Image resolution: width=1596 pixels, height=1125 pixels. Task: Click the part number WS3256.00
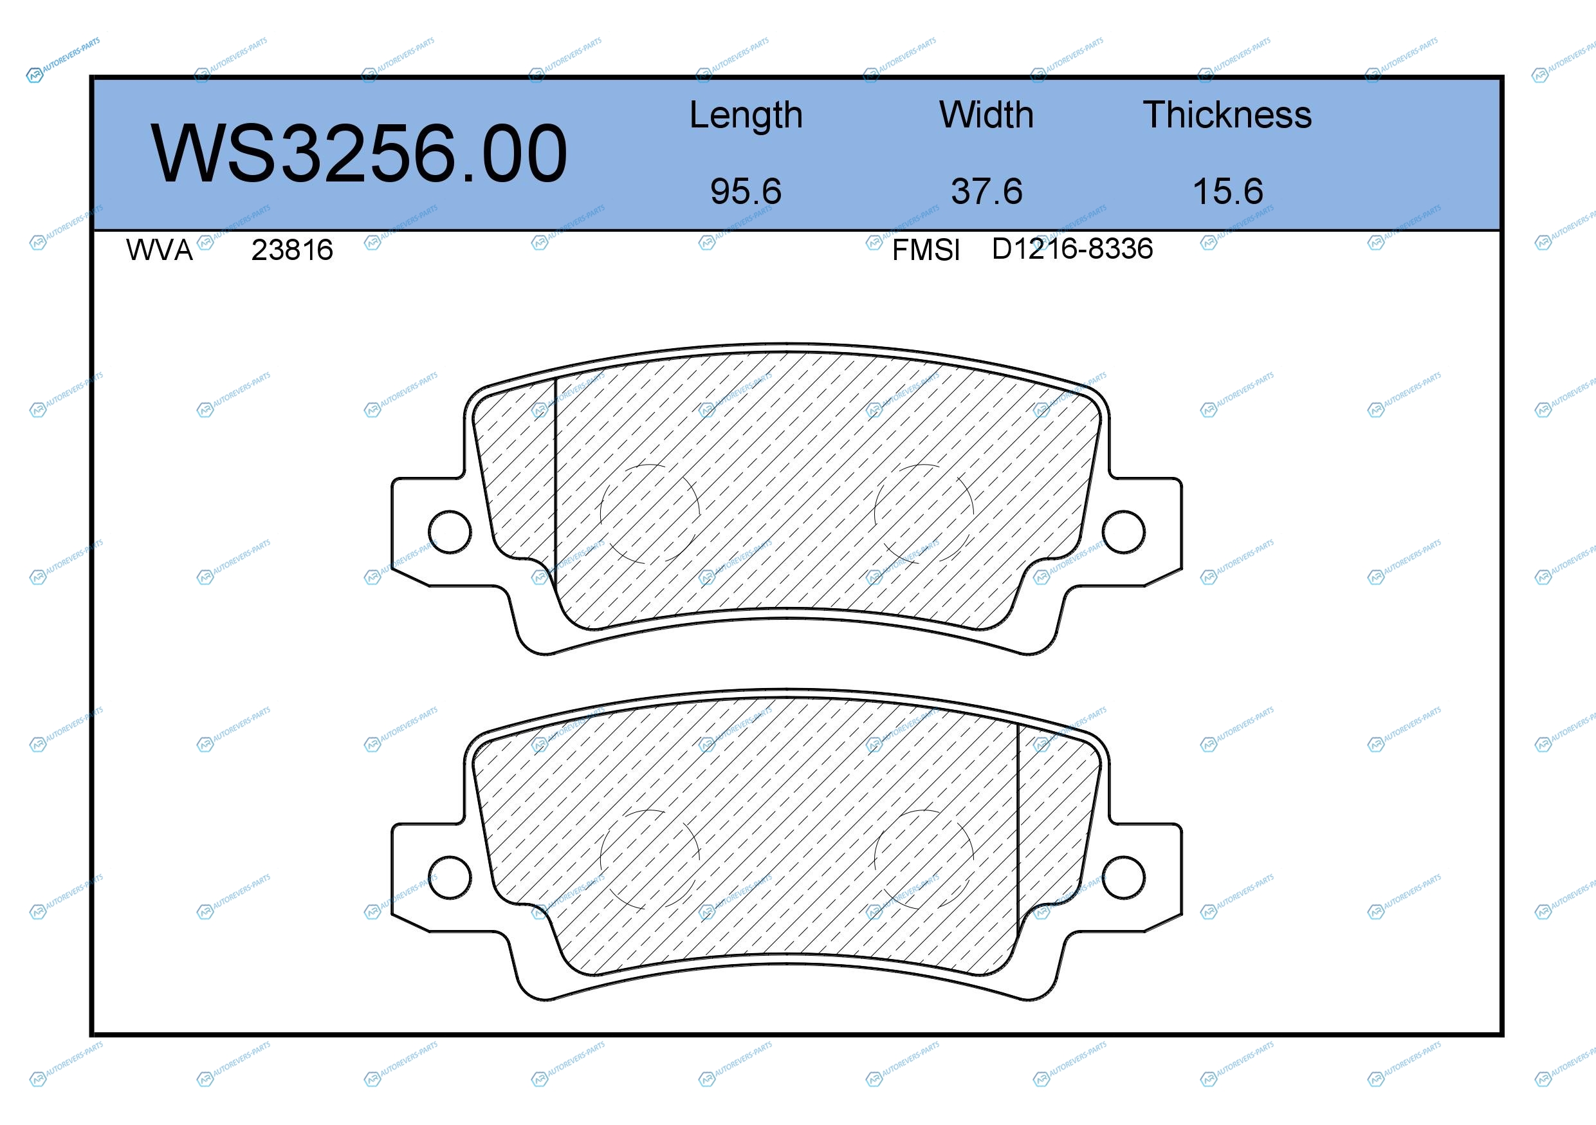pyautogui.click(x=359, y=153)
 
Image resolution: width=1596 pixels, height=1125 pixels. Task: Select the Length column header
pyautogui.click(x=746, y=115)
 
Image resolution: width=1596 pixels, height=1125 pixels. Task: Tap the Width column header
pyautogui.click(x=986, y=115)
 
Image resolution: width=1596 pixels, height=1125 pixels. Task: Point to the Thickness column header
pyautogui.click(x=1227, y=115)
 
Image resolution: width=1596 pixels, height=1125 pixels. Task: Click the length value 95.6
pyautogui.click(x=746, y=191)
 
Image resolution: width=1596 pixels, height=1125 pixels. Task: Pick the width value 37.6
pyautogui.click(x=987, y=191)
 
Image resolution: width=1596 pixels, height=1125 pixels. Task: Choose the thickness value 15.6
pyautogui.click(x=1228, y=191)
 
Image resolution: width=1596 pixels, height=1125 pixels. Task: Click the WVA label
pyautogui.click(x=159, y=250)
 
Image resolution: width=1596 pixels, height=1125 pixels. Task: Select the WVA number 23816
pyautogui.click(x=292, y=250)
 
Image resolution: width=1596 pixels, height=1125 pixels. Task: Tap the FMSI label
pyautogui.click(x=926, y=250)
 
